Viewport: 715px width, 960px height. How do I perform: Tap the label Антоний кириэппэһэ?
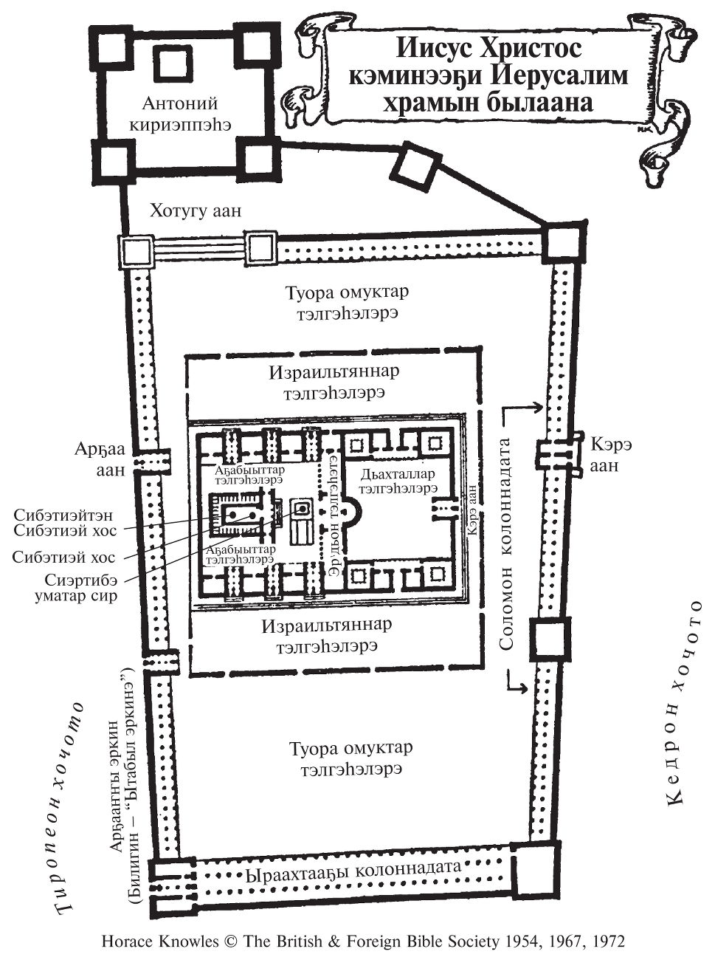(x=181, y=114)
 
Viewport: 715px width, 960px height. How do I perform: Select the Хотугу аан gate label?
(x=196, y=210)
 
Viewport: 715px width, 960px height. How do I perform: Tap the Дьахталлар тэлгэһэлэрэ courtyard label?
(x=398, y=481)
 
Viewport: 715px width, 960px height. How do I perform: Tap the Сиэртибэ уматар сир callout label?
(x=81, y=588)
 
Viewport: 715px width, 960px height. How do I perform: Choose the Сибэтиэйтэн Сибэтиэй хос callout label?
(x=65, y=522)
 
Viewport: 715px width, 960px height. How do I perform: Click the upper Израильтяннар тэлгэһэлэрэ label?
(x=334, y=382)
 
